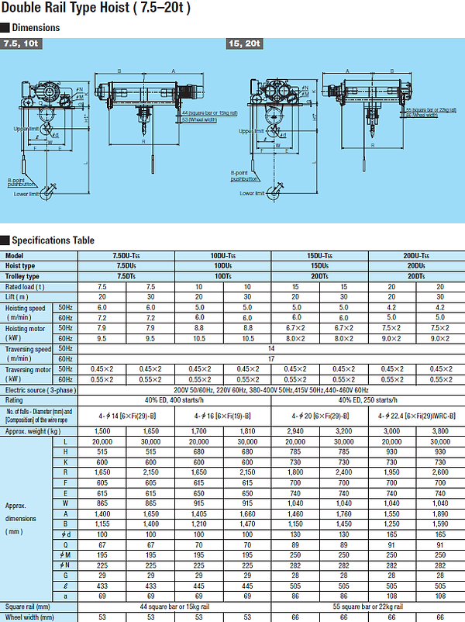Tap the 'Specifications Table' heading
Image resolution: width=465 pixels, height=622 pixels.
(53, 240)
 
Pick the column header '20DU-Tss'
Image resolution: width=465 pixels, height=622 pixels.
(415, 256)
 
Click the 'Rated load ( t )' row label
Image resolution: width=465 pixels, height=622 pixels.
(29, 286)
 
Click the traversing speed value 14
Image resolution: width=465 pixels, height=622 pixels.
(271, 348)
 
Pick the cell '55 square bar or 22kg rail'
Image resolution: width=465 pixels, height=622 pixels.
(367, 606)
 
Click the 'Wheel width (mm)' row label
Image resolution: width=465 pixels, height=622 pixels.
(32, 617)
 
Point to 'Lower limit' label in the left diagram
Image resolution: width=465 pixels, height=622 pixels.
(26, 194)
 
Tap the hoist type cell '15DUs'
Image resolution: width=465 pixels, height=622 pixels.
(319, 266)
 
